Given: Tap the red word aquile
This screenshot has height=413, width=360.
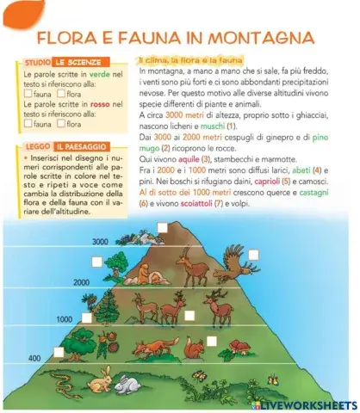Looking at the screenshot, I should [214, 160].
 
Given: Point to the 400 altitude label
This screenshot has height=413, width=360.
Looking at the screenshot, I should [34, 357].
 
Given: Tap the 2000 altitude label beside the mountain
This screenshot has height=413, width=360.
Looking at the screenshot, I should [81, 281].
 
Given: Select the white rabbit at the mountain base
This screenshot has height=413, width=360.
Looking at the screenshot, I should [130, 384].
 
